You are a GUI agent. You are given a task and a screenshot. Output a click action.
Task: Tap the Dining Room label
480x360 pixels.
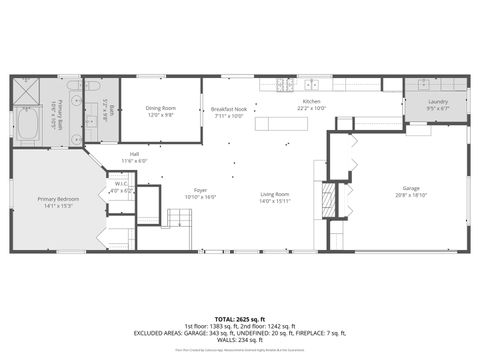(x=160, y=108)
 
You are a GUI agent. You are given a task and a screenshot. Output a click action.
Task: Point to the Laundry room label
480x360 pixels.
(x=437, y=102)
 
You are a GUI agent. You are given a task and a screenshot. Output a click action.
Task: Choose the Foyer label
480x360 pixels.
(x=200, y=190)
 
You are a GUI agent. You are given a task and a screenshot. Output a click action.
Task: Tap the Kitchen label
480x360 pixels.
(x=312, y=102)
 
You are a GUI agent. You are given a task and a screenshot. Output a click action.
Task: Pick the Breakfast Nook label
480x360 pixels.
(x=228, y=108)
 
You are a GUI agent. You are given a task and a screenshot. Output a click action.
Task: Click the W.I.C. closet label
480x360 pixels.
(x=121, y=184)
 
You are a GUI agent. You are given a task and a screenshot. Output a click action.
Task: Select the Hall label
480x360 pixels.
(x=134, y=154)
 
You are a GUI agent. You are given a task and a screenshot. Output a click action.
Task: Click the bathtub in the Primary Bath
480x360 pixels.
(x=26, y=126)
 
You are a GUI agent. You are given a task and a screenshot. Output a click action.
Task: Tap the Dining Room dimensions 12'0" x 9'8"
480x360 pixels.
(x=160, y=115)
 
